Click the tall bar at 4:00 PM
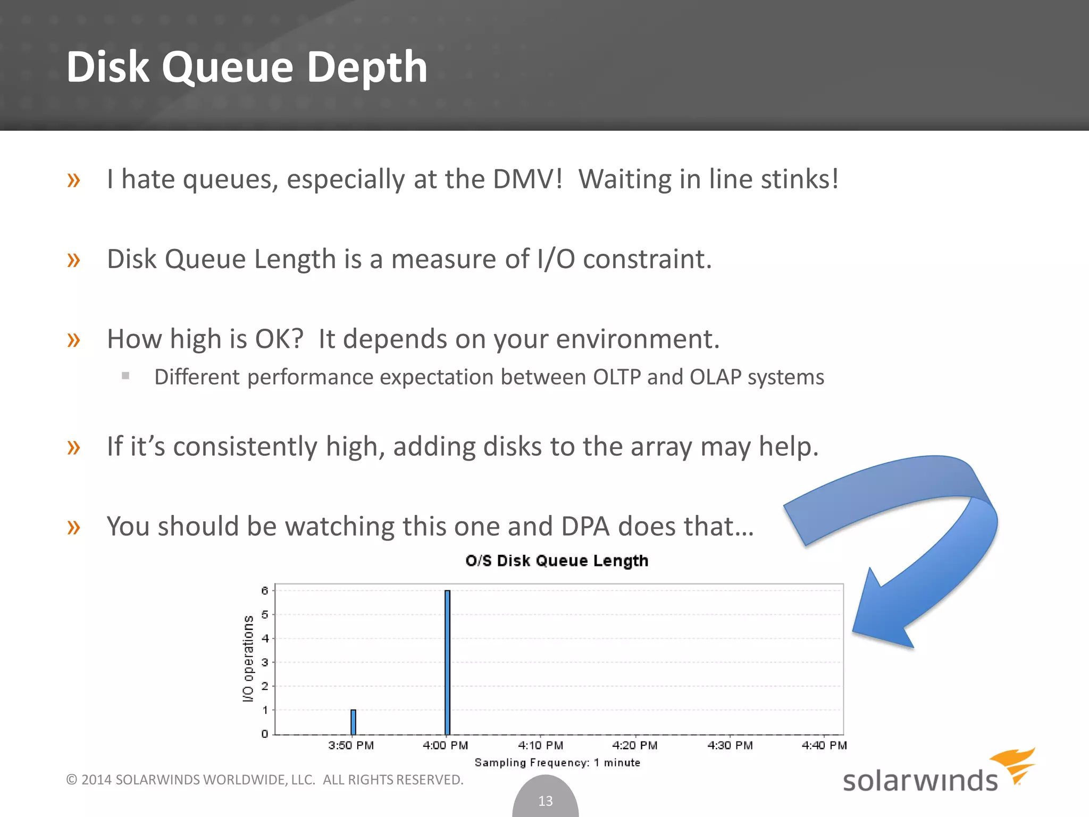[447, 662]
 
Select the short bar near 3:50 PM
[353, 722]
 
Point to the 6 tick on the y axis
[265, 590]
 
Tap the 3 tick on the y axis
[265, 662]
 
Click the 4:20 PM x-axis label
[635, 745]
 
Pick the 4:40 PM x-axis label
[824, 745]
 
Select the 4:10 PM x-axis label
[540, 745]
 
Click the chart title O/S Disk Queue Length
[557, 561]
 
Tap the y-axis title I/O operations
[248, 658]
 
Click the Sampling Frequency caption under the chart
[557, 763]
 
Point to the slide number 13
[546, 801]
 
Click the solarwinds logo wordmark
[920, 781]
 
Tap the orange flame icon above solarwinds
[1015, 763]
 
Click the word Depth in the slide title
[367, 67]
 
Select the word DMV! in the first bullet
[527, 179]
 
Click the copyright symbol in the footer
[72, 780]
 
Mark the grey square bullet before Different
[125, 376]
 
